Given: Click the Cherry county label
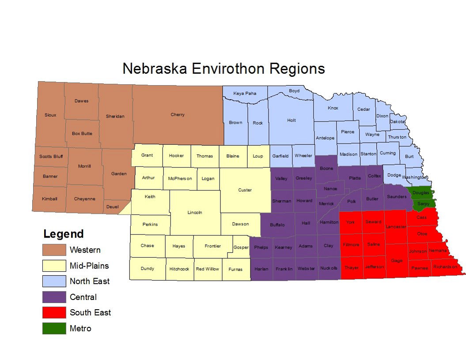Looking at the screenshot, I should pos(178,115).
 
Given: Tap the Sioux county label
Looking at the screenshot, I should pos(50,115).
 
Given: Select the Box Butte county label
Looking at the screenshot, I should pos(82,133).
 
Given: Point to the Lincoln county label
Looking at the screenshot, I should pos(195,212).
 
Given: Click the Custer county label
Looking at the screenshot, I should pos(245,190).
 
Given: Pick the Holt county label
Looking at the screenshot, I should pos(292,120).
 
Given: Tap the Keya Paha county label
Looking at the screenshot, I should pos(245,94).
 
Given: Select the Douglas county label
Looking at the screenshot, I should pos(421,193).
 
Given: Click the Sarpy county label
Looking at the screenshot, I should pos(423,204).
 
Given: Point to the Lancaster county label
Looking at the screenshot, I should pos(396,227).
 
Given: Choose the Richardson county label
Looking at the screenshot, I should pos(445,267).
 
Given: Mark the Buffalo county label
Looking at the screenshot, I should pos(277,225).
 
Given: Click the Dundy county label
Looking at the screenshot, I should pos(148,269).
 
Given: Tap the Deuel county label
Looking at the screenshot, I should pos(112,207).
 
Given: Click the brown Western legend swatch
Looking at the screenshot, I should pos(54,250).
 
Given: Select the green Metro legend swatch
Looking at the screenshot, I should pos(54,329).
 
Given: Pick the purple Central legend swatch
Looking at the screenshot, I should pos(54,297).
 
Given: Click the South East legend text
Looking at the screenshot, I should pos(90,313).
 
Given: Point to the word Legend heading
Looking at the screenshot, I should pos(63,234).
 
